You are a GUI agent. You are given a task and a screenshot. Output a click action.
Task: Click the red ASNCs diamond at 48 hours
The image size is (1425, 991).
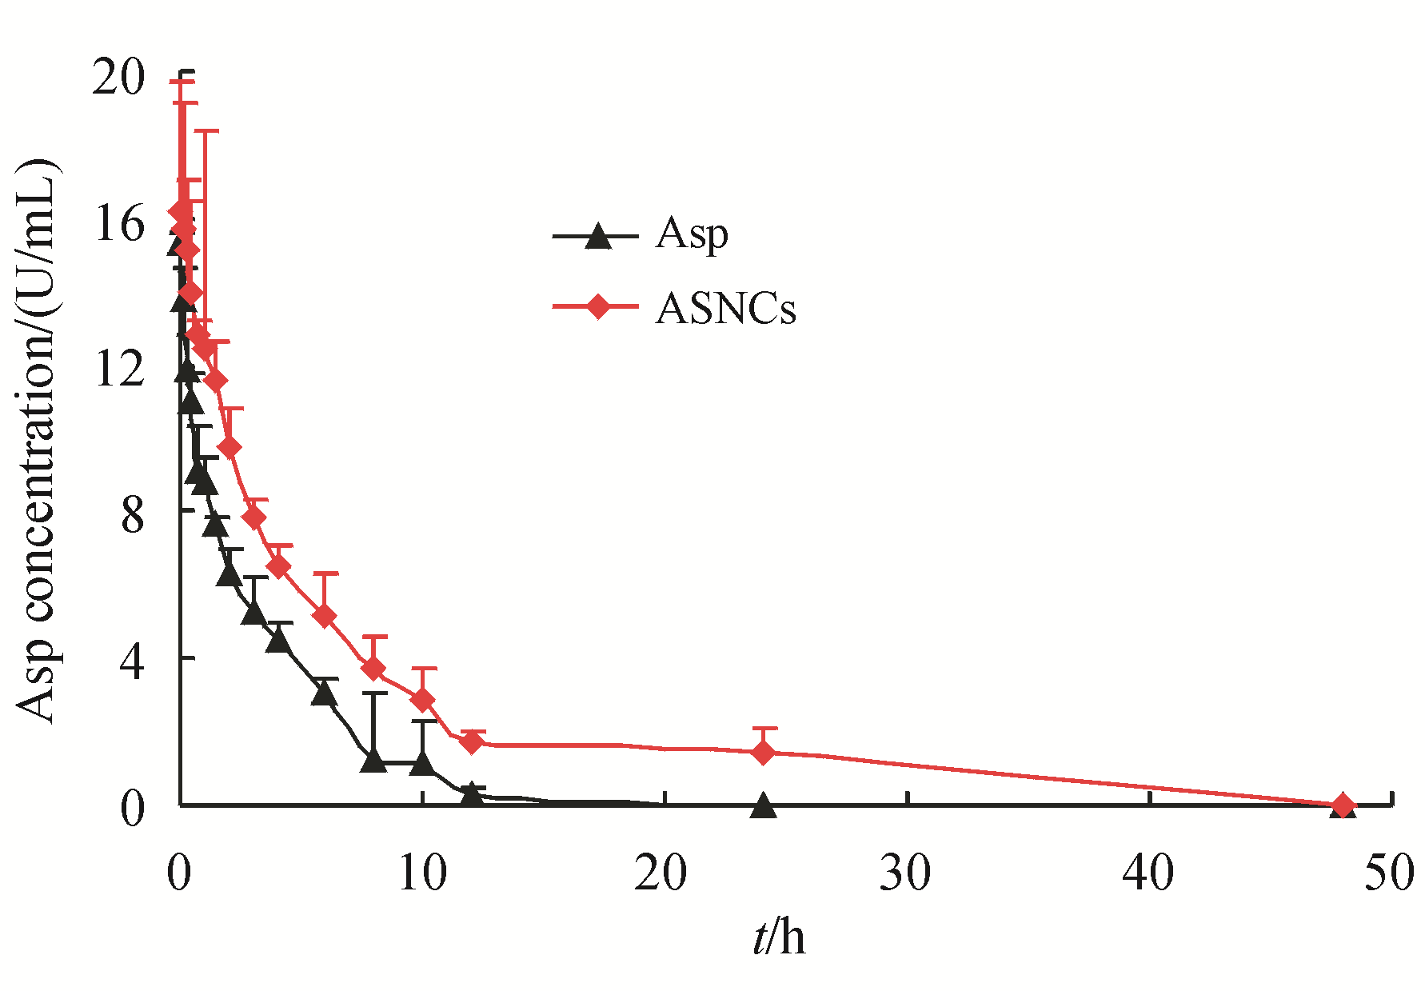[x=1343, y=805]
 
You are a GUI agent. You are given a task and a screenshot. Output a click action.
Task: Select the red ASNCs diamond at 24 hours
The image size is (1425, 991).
[x=763, y=753]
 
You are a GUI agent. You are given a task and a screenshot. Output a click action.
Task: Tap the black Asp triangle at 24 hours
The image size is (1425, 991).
[x=763, y=805]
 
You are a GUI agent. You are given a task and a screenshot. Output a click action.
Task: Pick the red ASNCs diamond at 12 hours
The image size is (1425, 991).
[x=473, y=742]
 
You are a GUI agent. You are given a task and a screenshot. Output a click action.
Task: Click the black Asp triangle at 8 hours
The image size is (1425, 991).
[x=373, y=760]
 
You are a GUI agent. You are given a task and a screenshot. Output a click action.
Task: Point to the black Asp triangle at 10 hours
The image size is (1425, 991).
[x=422, y=763]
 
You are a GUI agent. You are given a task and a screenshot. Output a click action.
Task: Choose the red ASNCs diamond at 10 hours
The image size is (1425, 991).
[x=422, y=700]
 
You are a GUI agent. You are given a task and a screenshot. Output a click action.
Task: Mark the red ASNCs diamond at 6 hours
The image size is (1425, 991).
[x=325, y=616]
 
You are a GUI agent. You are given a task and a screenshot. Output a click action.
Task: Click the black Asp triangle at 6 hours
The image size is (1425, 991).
[x=325, y=693]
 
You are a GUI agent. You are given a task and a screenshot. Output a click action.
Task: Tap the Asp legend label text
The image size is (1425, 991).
[x=692, y=234]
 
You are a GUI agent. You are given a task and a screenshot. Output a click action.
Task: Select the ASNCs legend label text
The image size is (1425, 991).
[x=725, y=309]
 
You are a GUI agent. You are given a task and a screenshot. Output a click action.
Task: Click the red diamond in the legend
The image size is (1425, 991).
[x=597, y=306]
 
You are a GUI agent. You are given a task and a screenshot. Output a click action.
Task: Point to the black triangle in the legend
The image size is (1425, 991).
[x=597, y=237]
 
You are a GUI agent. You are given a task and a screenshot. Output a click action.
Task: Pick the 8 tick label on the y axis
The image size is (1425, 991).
[x=133, y=516]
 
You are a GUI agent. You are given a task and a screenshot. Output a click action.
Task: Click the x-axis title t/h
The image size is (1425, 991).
[x=778, y=937]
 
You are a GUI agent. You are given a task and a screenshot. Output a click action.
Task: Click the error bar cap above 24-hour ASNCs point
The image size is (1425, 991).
[x=764, y=729]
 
